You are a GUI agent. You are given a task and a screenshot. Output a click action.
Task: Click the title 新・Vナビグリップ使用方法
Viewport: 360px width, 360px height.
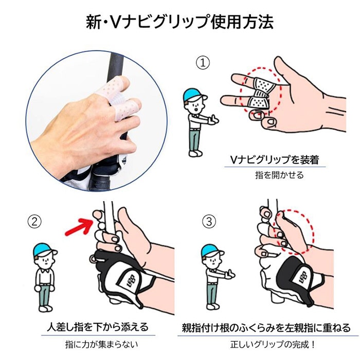point(179,22)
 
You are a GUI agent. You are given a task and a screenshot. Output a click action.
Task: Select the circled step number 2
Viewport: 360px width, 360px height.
point(33,222)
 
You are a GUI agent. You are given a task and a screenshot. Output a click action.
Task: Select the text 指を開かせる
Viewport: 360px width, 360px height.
point(279,175)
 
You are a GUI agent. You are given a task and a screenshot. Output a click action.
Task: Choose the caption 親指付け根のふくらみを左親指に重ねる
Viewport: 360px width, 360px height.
point(266,328)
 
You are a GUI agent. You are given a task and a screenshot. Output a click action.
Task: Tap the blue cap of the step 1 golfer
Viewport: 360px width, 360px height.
point(194,94)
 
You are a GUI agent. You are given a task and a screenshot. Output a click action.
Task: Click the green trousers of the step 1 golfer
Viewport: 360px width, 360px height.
point(193,139)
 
